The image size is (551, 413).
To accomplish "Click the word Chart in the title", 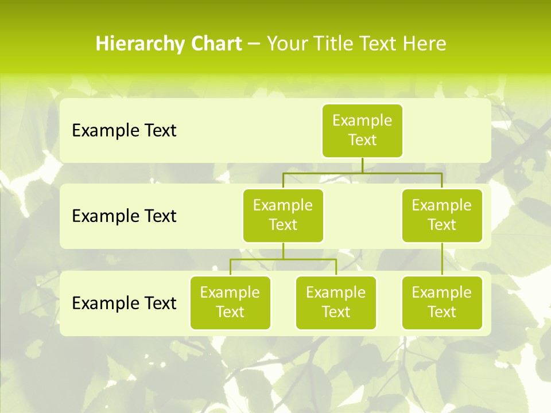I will tap(218, 44).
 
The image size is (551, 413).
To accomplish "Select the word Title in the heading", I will tap(328, 44).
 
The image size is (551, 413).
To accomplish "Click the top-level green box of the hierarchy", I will tap(362, 130).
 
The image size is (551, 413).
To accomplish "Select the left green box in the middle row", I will tap(283, 215).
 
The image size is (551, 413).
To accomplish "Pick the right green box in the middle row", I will tap(442, 215).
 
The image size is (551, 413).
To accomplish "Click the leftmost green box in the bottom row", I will tap(230, 302).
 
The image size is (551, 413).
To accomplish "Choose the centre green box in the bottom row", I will tap(336, 302).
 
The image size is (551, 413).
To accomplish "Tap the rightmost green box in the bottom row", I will tap(442, 302).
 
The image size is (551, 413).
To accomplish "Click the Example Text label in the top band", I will tap(124, 131).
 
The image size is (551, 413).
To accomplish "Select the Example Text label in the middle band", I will tap(124, 216).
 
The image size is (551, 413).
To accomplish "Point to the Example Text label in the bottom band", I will tap(124, 303).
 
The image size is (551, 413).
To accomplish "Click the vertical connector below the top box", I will tap(362, 165).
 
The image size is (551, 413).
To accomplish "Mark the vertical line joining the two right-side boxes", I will tap(442, 259).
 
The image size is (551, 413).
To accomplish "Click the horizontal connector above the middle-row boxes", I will tap(362, 173).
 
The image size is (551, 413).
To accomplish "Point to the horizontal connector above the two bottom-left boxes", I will tap(283, 259).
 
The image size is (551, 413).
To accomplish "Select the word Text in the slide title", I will tap(375, 44).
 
